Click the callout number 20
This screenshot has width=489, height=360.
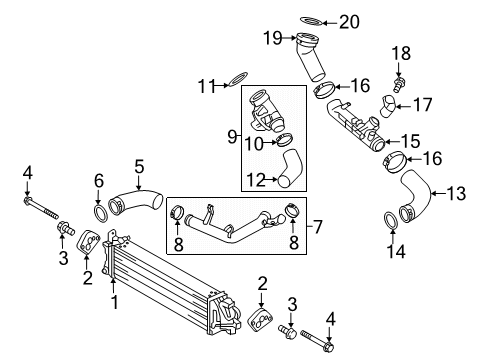click(x=349, y=22)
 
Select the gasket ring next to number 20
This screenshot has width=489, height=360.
click(x=312, y=21)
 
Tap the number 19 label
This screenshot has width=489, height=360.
click(x=273, y=38)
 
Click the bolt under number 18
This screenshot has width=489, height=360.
click(x=398, y=84)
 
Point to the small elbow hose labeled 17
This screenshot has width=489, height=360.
click(x=388, y=106)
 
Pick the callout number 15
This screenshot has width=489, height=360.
click(x=410, y=141)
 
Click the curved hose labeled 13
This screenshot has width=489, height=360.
click(x=414, y=196)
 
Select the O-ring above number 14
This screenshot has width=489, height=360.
click(x=392, y=221)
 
